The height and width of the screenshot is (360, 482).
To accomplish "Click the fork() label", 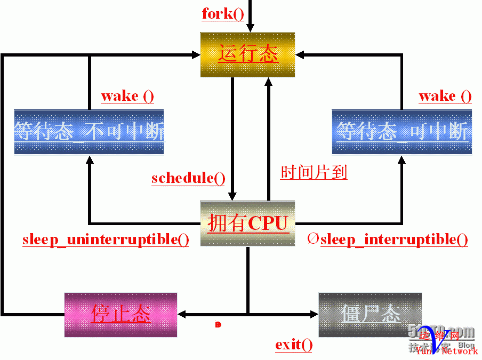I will tap(223, 13).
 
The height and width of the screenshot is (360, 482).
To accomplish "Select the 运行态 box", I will tap(247, 54).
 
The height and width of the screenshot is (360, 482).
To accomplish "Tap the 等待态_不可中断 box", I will tap(89, 132).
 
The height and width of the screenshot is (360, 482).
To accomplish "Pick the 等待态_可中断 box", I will tap(401, 132).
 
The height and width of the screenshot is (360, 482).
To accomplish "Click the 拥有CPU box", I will tap(247, 223).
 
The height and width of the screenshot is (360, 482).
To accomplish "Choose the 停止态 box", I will tap(120, 314).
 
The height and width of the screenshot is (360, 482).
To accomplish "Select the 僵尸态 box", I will tap(370, 314).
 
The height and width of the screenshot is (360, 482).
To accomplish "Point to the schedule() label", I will tap(188, 178).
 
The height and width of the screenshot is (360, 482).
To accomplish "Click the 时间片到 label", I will tap(314, 172).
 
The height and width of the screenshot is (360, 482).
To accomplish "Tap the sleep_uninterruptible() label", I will tap(106, 239).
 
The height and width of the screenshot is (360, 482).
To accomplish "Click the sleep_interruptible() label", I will tap(394, 239).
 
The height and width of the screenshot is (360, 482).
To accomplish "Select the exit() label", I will tap(294, 345).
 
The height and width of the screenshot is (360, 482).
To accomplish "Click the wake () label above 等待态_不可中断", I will tap(127, 96).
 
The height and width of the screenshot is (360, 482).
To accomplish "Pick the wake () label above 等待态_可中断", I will tap(445, 96).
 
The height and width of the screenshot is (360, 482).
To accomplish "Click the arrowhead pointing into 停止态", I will tap(182, 314).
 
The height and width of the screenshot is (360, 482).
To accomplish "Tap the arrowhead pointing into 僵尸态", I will tap(314, 314).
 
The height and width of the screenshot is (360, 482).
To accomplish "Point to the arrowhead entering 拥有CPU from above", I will tap(232, 196).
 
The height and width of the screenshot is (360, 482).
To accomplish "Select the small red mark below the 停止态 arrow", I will tap(218, 324).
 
